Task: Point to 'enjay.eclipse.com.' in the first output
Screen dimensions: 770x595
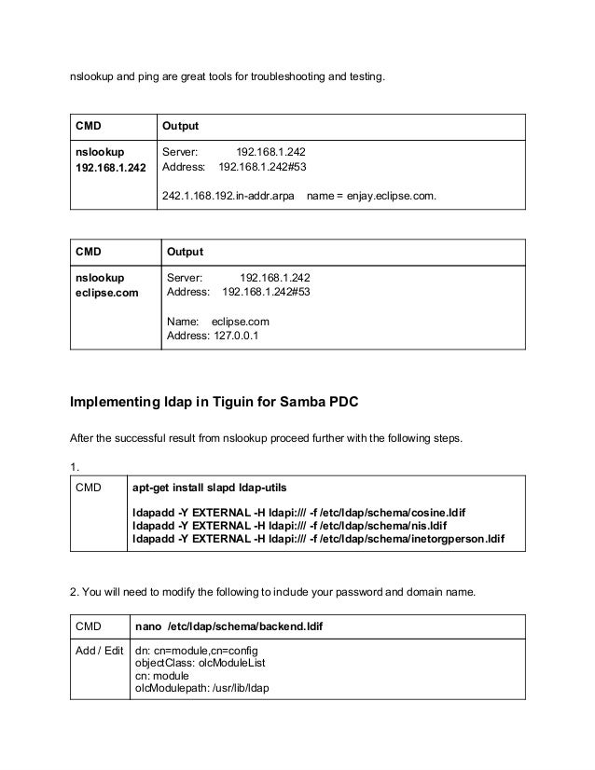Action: click(391, 197)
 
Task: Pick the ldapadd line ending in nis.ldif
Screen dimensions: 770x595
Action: click(288, 525)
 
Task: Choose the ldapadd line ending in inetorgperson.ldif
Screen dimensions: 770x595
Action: click(318, 539)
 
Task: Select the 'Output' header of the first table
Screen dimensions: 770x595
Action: click(180, 126)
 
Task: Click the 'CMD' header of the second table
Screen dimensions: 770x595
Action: click(89, 252)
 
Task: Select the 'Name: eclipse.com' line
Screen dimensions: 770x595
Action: click(217, 322)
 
